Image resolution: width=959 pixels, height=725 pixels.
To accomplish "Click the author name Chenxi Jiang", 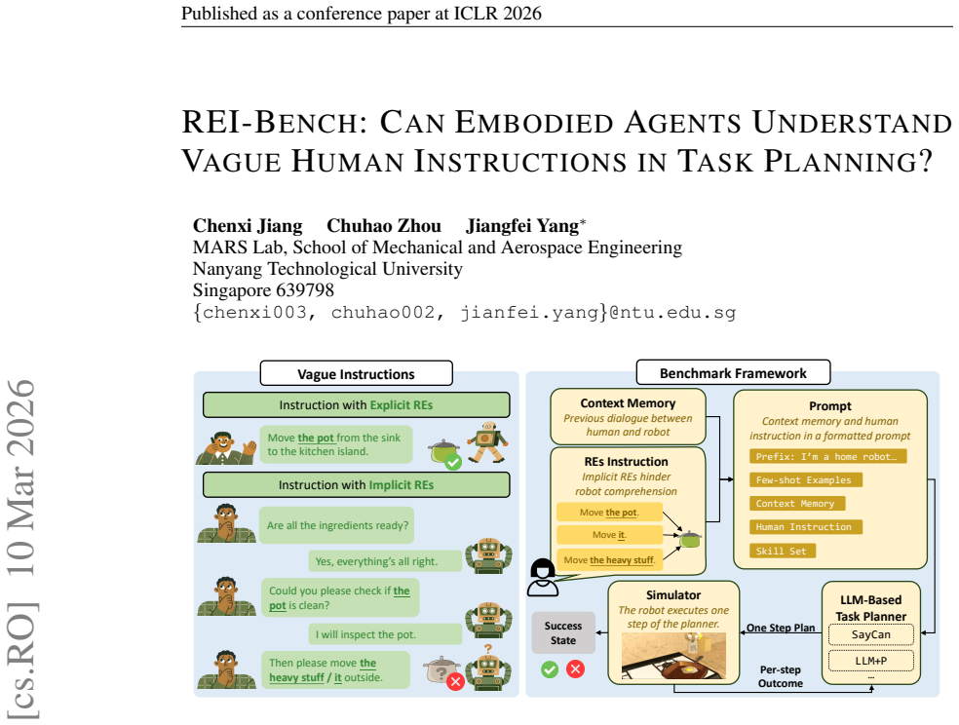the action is [x=248, y=226].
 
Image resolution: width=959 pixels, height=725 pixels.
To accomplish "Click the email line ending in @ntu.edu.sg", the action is [x=464, y=313].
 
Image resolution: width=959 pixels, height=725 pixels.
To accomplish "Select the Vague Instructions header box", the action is [x=357, y=373].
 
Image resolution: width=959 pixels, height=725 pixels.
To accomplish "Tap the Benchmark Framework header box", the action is [x=733, y=372].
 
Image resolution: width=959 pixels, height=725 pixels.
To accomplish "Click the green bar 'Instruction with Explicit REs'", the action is [x=356, y=404].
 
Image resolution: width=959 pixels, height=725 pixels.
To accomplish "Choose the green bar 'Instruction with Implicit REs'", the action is [x=356, y=484].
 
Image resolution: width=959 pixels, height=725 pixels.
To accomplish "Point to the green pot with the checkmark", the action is [x=444, y=453].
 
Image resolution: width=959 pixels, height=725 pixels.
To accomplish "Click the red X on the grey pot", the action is [x=455, y=681].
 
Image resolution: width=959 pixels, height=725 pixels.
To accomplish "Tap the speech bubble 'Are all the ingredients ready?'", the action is [x=337, y=525].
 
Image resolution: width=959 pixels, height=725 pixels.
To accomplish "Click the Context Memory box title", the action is [x=628, y=403].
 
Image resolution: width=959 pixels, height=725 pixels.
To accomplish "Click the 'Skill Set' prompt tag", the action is [x=783, y=551].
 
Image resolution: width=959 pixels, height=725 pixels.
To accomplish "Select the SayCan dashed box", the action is [x=871, y=634].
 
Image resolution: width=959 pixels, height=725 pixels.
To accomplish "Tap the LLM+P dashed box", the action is [x=871, y=661].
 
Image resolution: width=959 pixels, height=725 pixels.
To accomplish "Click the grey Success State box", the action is [x=563, y=632].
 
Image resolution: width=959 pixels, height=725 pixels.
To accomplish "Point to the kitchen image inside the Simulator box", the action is [x=673, y=656].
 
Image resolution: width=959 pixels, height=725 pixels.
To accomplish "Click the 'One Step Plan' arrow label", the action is [x=781, y=628].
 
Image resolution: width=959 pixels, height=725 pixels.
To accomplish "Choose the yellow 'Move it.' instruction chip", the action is [x=609, y=535].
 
